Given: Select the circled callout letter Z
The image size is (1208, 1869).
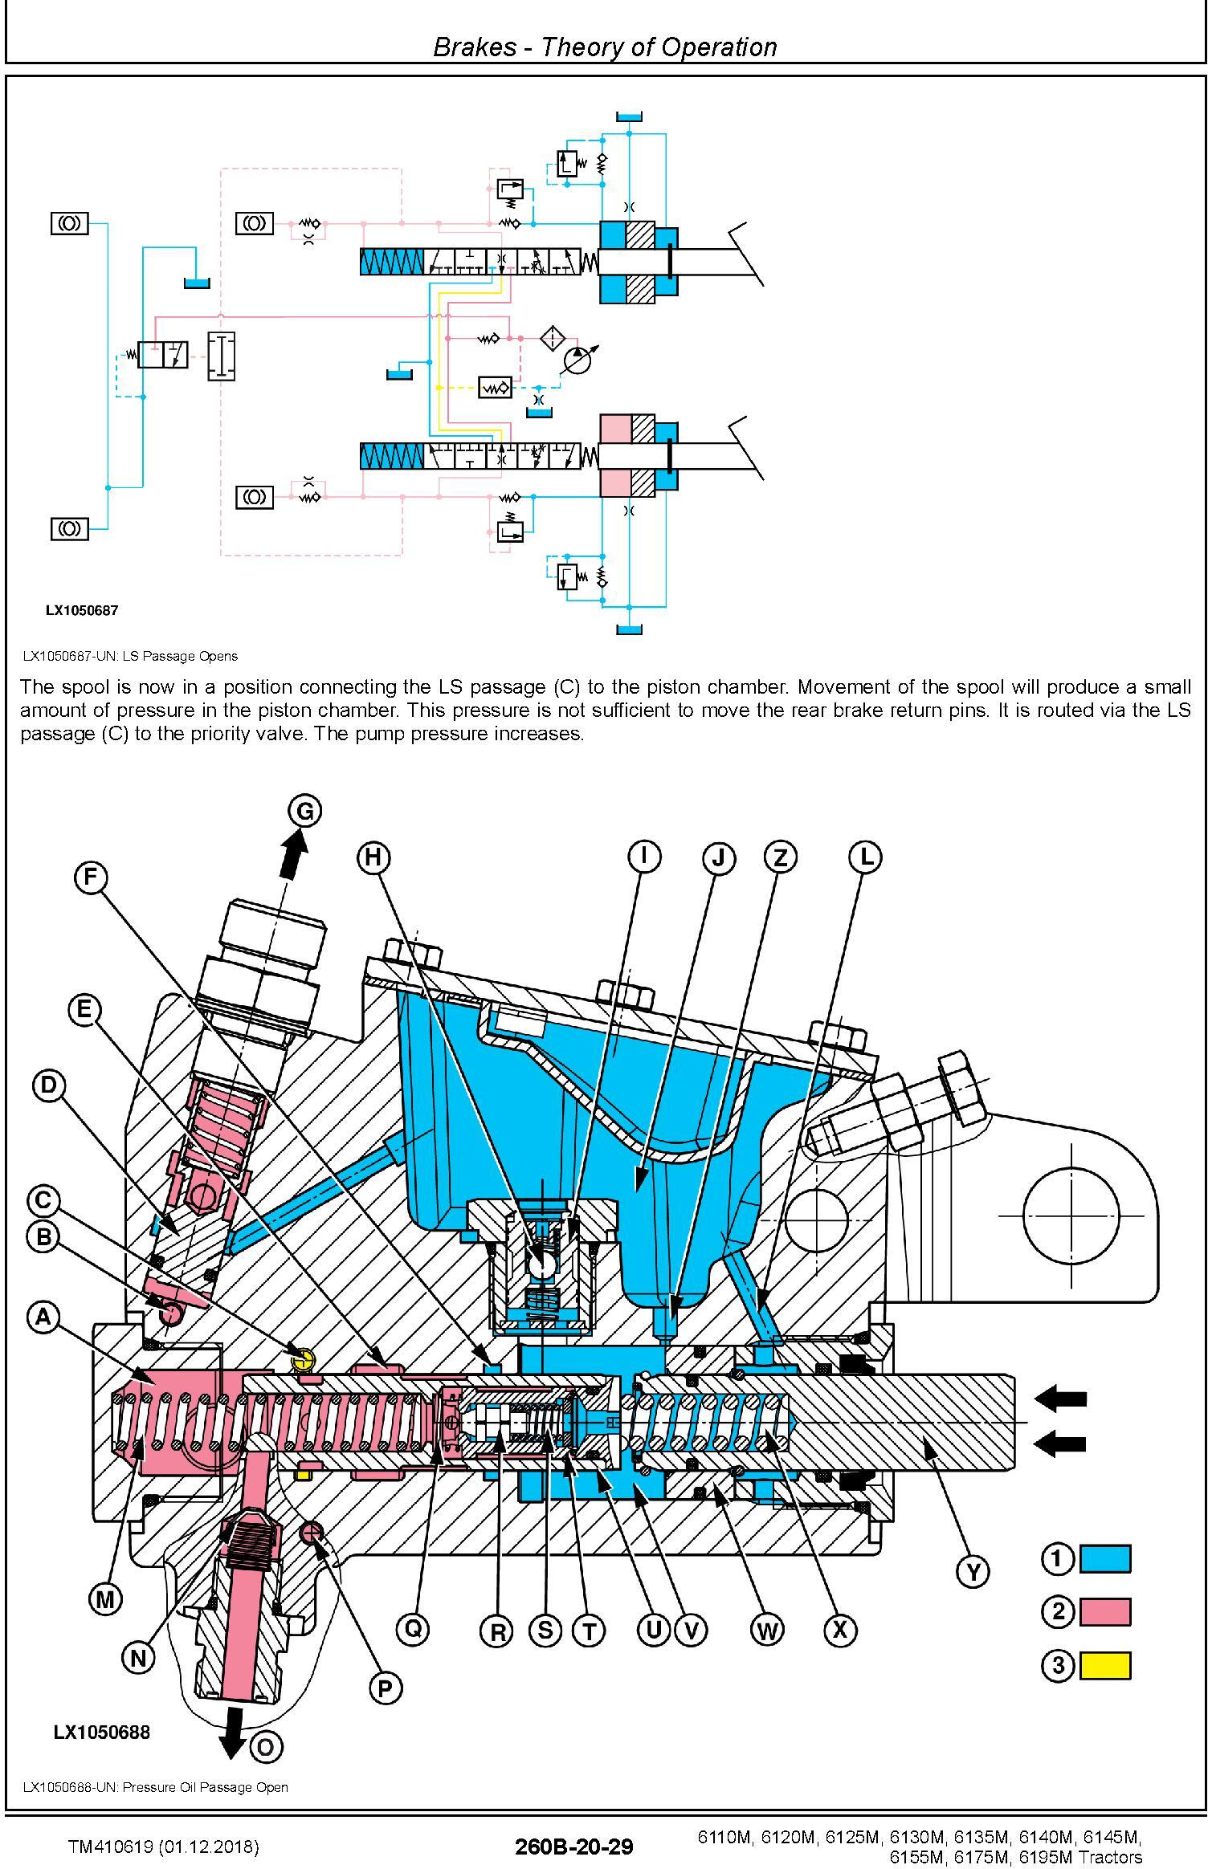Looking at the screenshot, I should (x=780, y=857).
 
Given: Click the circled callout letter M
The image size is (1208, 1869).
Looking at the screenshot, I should (x=105, y=1599).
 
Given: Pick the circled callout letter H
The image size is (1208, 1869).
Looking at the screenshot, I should (x=373, y=857).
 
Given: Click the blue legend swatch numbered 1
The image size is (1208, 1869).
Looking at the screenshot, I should (x=1104, y=1559).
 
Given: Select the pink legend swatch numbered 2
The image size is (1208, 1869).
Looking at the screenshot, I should (x=1104, y=1612).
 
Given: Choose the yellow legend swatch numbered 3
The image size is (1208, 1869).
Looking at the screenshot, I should (x=1104, y=1666).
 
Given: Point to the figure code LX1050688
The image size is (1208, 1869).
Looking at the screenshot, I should (x=101, y=1732).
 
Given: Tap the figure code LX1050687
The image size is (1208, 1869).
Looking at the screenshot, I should (x=81, y=610).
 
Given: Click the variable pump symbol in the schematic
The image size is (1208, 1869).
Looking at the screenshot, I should (x=577, y=360).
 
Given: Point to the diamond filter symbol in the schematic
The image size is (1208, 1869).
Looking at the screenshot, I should (x=553, y=337).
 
